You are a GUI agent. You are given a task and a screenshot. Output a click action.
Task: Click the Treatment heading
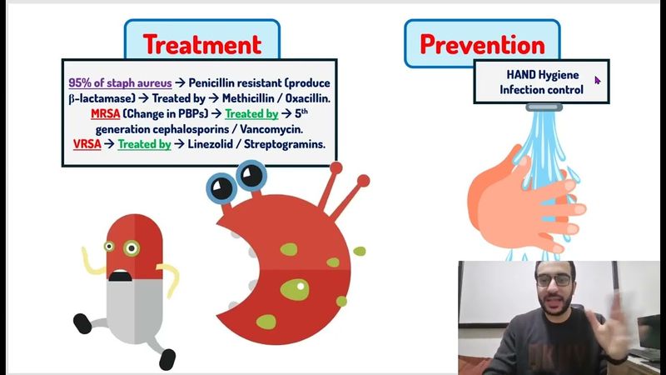point(201,43)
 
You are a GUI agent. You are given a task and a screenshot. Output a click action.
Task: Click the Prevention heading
point(482,43)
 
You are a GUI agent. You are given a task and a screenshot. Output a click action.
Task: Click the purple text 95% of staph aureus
point(120,82)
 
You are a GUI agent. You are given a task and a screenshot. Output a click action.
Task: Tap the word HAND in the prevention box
point(522,74)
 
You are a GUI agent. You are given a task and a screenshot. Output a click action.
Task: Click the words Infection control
point(541,89)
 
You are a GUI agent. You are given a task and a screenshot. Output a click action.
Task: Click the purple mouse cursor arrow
point(597,81)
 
